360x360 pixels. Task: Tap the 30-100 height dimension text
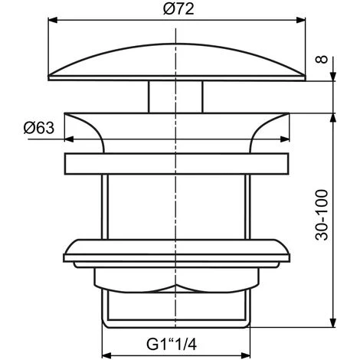tap(347, 215)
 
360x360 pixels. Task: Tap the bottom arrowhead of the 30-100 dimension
tap(333, 325)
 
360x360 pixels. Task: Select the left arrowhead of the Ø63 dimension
tap(69, 140)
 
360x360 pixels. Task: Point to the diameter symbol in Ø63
tap(27, 128)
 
